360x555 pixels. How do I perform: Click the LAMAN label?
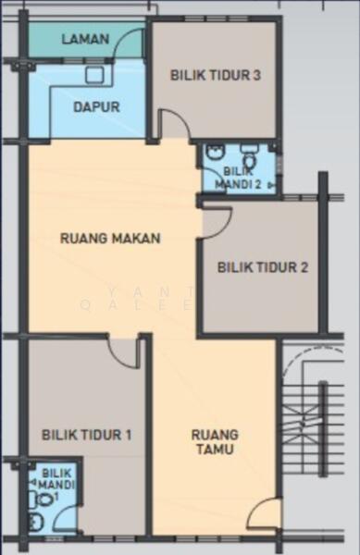[x=85, y=39]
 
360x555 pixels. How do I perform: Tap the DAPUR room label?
[x=96, y=107]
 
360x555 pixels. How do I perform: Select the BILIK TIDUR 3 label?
[x=216, y=76]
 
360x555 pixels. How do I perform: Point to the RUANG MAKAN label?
[x=110, y=239]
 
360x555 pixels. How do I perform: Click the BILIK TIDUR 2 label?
[x=263, y=267]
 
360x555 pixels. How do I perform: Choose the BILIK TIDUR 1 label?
[x=87, y=435]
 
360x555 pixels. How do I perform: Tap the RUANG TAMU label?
[x=215, y=442]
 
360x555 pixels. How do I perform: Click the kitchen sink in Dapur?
[x=94, y=75]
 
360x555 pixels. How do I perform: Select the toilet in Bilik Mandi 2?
[x=250, y=156]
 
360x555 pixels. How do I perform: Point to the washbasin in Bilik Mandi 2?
[x=216, y=153]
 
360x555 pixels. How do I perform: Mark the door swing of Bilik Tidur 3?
[x=175, y=124]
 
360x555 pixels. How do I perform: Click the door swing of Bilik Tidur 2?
[x=217, y=222]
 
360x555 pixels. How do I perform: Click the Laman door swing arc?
[x=129, y=43]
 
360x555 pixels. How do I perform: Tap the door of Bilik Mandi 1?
[x=67, y=519]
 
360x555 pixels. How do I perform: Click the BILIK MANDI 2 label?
[x=238, y=178]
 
